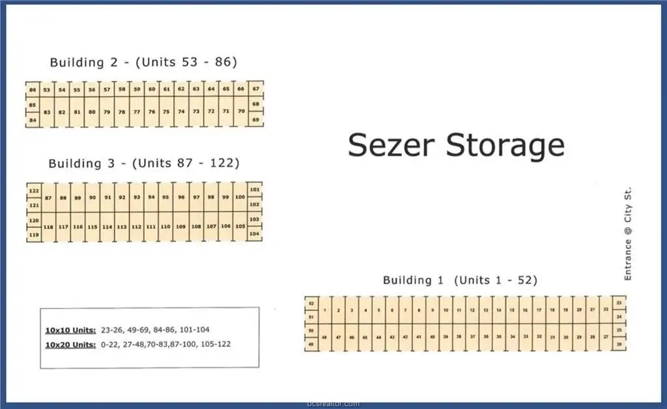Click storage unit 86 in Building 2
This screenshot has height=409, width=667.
coord(33,89)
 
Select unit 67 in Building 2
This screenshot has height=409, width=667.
coord(256,89)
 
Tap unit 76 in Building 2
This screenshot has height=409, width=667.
coord(151,112)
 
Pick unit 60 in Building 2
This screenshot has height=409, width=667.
coord(151,89)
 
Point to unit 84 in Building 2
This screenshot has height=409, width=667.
coord(33,120)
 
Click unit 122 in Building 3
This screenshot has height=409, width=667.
coord(34,190)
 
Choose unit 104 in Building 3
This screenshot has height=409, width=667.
coord(255,234)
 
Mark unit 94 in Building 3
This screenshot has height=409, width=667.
coord(151,197)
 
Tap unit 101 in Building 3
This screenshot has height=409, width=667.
coord(255,190)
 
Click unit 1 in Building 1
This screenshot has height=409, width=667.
coord(324,311)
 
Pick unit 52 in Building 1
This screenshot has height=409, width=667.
coord(311,304)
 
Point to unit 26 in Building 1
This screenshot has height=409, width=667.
coord(619,343)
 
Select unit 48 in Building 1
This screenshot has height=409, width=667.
coord(324,337)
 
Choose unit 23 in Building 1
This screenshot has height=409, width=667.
coord(619,303)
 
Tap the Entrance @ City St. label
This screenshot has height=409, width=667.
coord(628,234)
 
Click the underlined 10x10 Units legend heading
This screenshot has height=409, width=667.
coord(71,329)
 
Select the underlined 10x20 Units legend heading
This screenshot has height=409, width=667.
coord(71,344)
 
